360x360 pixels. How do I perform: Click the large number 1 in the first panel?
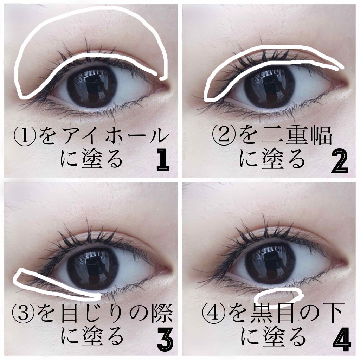click(163, 160)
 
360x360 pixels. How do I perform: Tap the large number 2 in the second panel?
click(340, 162)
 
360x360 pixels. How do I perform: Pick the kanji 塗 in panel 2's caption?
click(272, 160)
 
